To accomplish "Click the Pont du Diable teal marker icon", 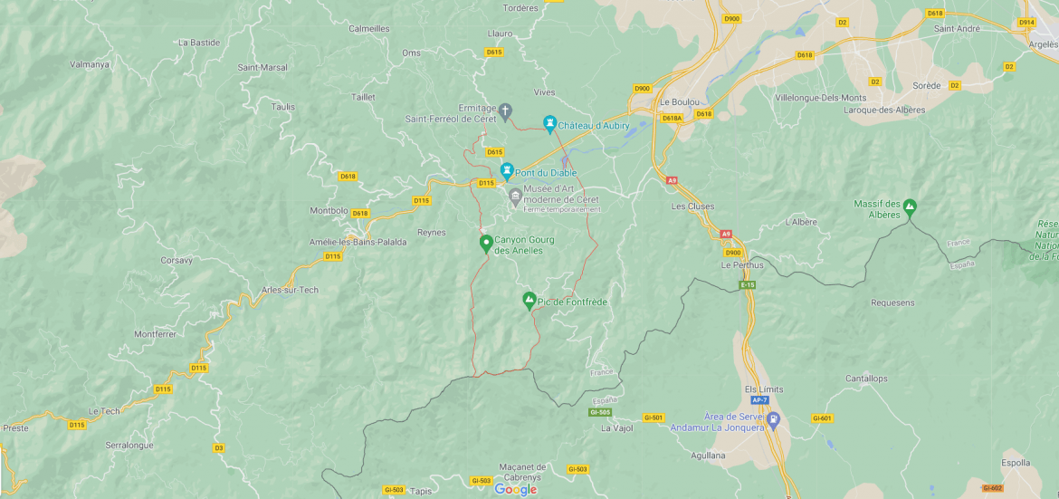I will (507, 170).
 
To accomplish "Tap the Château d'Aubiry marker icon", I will (549, 123).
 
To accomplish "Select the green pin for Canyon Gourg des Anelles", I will (486, 243).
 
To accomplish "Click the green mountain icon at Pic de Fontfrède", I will (529, 300).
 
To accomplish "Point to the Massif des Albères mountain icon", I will (910, 207).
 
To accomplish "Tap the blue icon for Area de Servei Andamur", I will (773, 420).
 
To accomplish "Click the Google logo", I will (516, 489).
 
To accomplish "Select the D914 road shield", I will (1026, 22).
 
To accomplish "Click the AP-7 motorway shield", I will (758, 400).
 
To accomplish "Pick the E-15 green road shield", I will (747, 285).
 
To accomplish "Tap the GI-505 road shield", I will (600, 412).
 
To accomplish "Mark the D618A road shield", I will (672, 118).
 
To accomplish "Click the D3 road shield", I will (219, 447).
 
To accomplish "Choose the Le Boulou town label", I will (676, 102).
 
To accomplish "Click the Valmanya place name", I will (90, 64).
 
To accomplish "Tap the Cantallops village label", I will (866, 379).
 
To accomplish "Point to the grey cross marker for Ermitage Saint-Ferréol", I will (506, 110).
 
